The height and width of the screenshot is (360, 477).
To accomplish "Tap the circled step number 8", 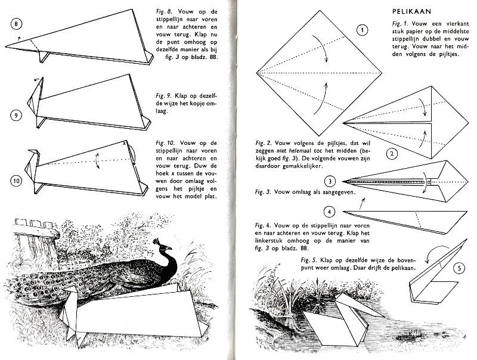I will [17, 24].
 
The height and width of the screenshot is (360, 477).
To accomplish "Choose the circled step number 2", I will [392, 154].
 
